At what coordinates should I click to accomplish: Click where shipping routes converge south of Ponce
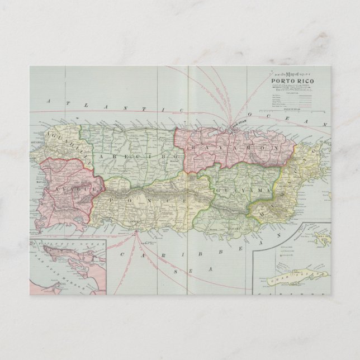[x=134, y=235]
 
